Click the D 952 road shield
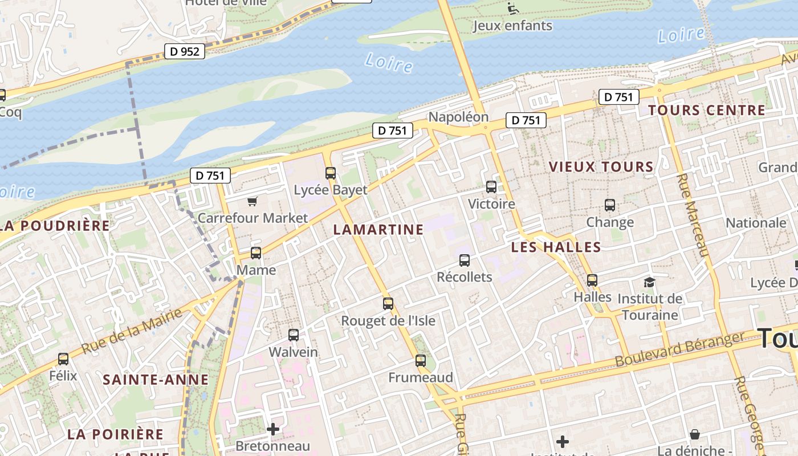(x=185, y=51)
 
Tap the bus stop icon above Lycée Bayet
(x=331, y=173)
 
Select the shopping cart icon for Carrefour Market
(x=253, y=201)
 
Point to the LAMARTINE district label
(x=378, y=230)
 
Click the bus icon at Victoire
(x=491, y=187)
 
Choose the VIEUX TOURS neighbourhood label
(x=601, y=167)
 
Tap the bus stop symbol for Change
(x=610, y=205)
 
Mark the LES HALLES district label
(x=556, y=247)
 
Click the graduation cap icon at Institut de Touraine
(x=649, y=282)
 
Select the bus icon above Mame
(x=256, y=253)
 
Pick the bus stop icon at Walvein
(x=294, y=335)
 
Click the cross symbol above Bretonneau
(x=273, y=429)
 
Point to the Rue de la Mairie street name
(x=132, y=331)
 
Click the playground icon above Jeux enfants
(x=513, y=8)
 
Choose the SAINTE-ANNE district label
(x=156, y=380)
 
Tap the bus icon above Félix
(x=63, y=359)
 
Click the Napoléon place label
(x=458, y=117)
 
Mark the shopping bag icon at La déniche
(x=694, y=435)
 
